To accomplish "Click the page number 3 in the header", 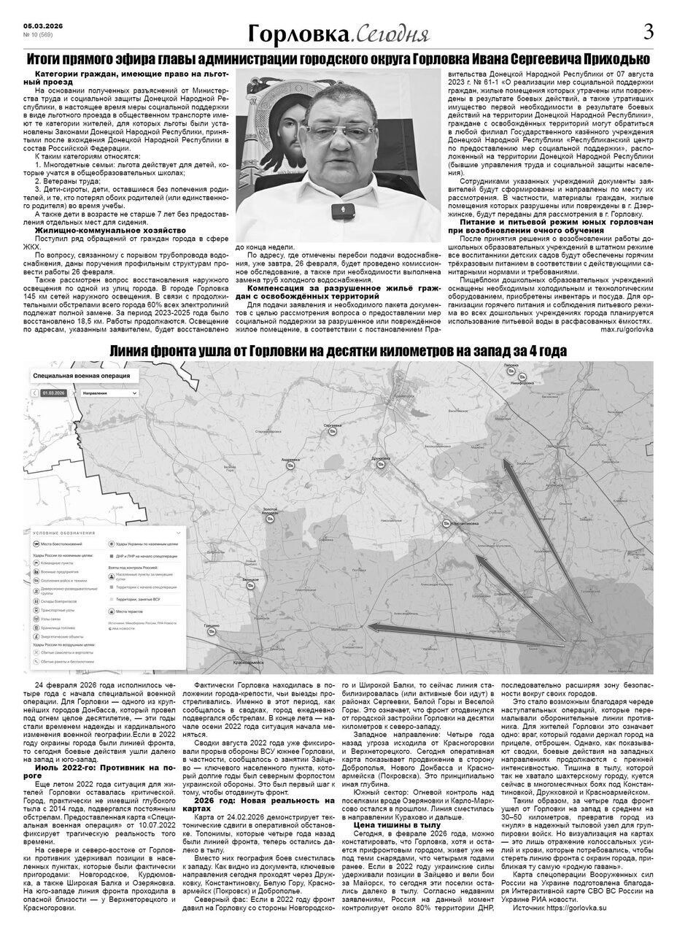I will point(649,31).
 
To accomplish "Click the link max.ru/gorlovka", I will point(627,329).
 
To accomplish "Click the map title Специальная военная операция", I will point(82,377).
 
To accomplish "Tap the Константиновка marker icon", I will point(445,522).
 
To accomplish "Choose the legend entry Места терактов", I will point(130,611).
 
